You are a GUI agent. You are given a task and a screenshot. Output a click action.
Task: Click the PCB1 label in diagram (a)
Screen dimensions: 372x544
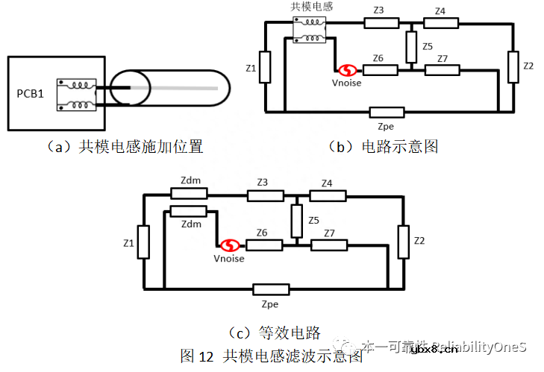tap(31, 94)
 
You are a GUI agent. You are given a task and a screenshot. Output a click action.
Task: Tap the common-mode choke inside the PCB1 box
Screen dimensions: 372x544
tap(75, 95)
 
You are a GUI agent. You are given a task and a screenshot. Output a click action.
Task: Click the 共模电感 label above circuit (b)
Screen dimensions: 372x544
tap(311, 7)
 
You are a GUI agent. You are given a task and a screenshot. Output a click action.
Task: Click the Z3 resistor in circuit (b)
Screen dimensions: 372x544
tap(381, 23)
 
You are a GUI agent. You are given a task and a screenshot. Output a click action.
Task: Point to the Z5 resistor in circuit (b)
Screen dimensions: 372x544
tap(410, 48)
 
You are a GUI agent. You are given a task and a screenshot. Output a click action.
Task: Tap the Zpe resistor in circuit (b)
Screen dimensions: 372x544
tap(387, 113)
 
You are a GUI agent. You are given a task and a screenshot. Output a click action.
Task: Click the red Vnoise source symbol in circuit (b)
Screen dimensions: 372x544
tap(346, 71)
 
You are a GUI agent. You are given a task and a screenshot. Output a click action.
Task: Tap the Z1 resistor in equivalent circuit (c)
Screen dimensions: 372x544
tap(143, 244)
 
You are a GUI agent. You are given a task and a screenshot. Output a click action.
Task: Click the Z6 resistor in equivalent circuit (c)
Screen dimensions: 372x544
tap(264, 245)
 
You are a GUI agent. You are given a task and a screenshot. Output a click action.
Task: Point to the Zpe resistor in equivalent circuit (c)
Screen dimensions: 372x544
tap(271, 289)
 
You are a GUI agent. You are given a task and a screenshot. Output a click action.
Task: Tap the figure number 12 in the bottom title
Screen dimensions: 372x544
tap(207, 356)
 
